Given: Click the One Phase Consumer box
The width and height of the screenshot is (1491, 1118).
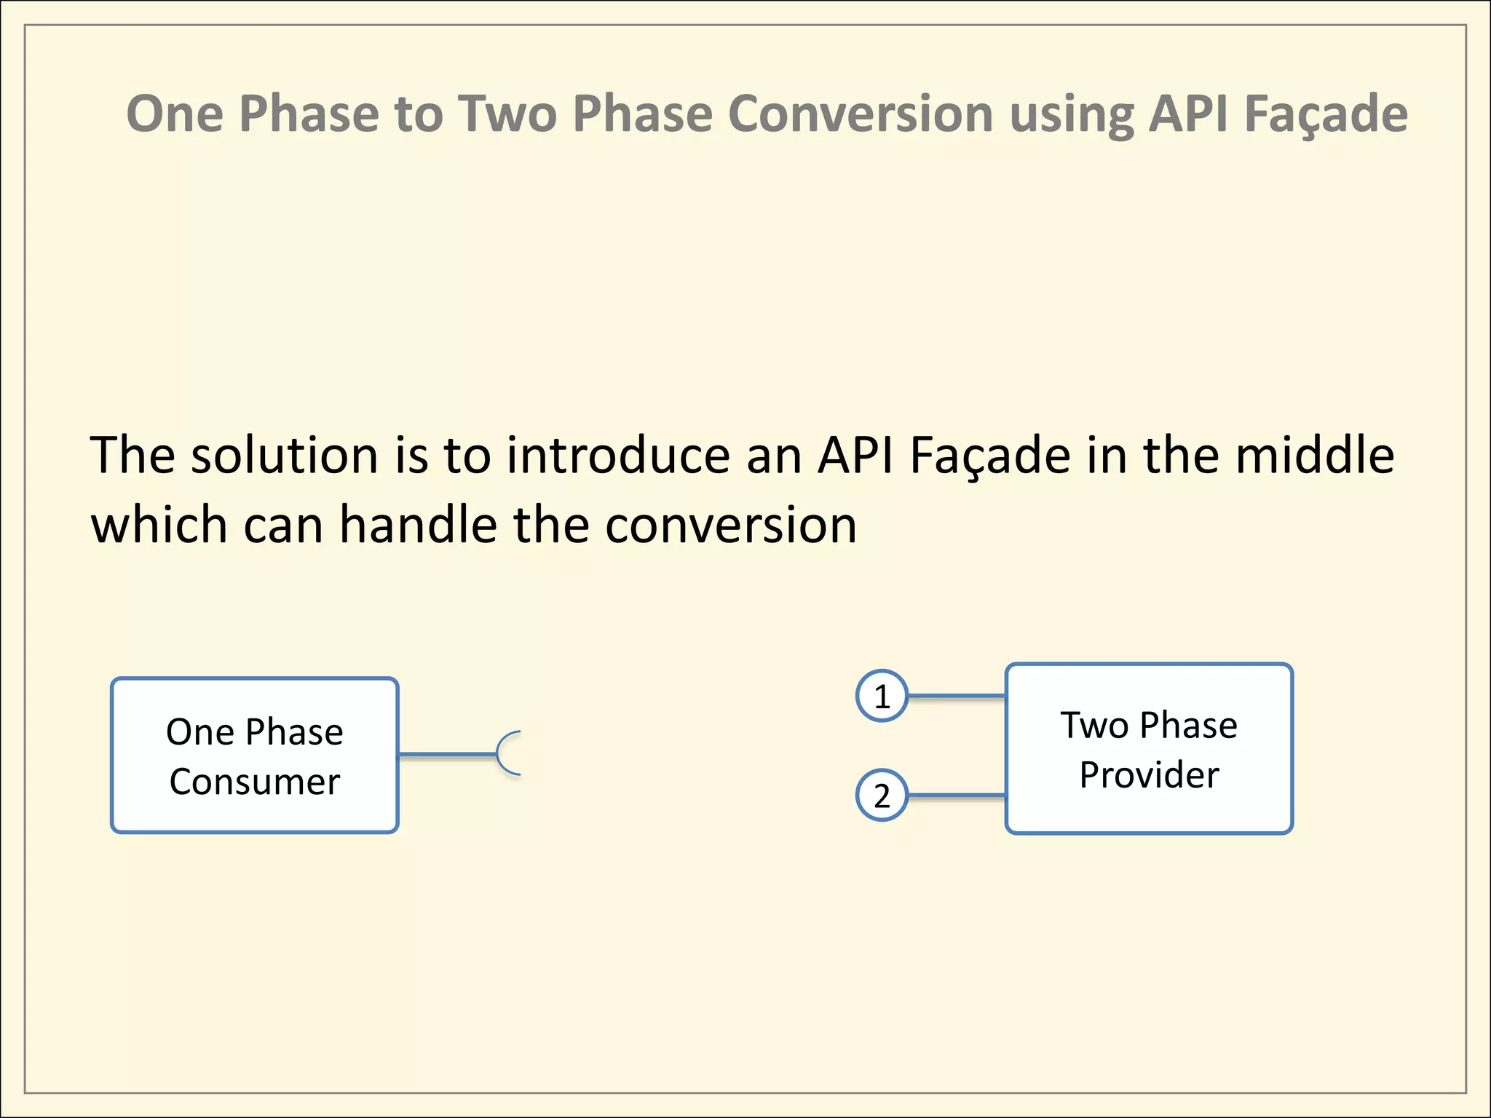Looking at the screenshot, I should (254, 756).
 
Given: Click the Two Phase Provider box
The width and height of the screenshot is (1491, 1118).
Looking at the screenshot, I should (1148, 748).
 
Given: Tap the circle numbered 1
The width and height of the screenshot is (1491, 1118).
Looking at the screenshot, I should (882, 697).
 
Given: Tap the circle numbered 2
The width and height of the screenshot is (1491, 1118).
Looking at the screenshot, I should (882, 796).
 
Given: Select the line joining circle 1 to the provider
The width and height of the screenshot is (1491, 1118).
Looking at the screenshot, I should (957, 697).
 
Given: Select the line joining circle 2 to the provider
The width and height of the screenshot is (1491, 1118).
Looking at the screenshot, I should (957, 796).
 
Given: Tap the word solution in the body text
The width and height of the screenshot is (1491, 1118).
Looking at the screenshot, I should (284, 456).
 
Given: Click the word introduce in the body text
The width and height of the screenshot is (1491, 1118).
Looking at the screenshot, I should (618, 456).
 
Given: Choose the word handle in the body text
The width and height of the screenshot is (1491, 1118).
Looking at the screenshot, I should (419, 526).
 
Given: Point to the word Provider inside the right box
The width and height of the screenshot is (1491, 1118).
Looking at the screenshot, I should (1148, 775).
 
